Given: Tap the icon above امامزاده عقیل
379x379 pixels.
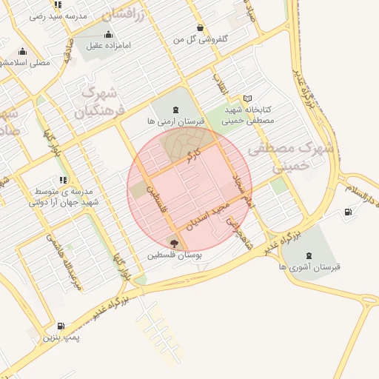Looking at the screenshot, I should [x=109, y=34].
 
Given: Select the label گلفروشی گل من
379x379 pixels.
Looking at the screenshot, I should [x=201, y=38].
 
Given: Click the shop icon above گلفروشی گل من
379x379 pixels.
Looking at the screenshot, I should [x=201, y=27].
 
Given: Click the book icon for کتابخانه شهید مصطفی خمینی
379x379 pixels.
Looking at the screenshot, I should [x=247, y=98].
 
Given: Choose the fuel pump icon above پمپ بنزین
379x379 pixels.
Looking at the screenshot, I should [x=60, y=326].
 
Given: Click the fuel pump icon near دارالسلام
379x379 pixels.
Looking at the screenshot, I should [x=348, y=213].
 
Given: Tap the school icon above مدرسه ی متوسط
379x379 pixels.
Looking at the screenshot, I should [x=64, y=180].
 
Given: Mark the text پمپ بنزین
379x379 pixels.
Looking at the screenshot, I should [x=60, y=338].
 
